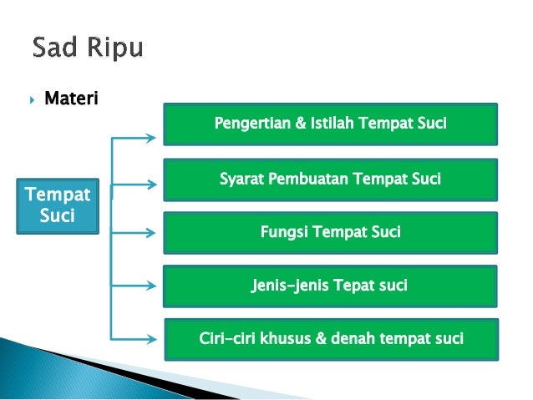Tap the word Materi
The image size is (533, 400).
[71, 99]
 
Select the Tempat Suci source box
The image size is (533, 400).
[58, 205]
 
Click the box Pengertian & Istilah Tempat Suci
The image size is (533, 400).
[330, 124]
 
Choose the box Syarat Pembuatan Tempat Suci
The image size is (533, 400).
[330, 179]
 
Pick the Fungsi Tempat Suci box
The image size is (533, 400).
[330, 231]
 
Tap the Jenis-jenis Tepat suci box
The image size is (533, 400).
[330, 286]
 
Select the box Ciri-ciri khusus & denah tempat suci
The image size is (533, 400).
[331, 339]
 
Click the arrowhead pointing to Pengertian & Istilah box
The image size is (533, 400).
[151, 134]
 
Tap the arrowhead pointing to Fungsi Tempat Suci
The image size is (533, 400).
[151, 233]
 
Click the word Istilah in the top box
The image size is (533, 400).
[333, 124]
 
